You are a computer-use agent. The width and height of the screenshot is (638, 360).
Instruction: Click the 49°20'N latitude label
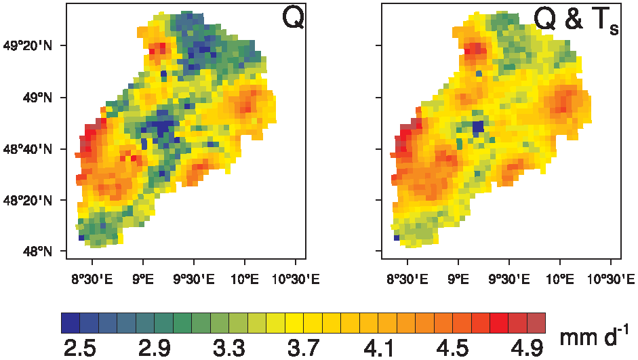tap(29, 46)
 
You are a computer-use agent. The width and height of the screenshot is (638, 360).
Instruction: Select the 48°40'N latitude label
tap(29, 149)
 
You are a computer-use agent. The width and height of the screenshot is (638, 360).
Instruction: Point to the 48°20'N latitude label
tap(29, 201)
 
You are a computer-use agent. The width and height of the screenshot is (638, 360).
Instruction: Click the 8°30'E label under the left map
tap(92, 278)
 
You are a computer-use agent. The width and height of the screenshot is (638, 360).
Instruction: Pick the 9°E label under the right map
tap(458, 278)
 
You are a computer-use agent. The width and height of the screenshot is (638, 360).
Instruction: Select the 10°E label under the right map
tap(560, 278)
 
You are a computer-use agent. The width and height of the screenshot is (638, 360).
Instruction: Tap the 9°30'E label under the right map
tap(509, 278)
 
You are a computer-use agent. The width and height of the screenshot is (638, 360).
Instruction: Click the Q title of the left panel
tap(293, 19)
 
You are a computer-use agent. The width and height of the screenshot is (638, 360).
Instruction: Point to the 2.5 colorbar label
tap(79, 348)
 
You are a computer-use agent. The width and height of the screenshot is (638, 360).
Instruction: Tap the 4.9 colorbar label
tap(527, 348)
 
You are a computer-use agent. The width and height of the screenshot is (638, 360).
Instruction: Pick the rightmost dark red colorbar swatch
tap(536, 322)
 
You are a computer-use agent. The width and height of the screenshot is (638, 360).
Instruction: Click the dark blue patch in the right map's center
tap(478, 127)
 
